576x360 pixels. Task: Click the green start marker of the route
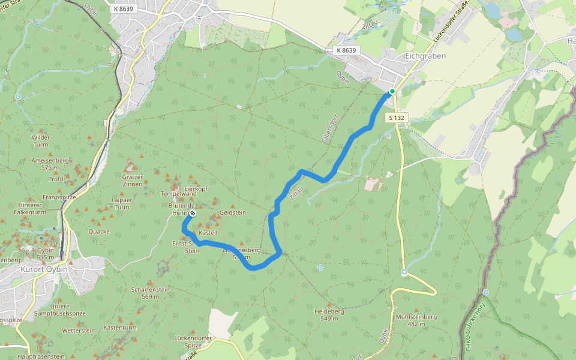click(392, 91)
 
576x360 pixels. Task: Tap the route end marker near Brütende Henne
click(193, 213)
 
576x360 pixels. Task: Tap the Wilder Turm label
click(40, 141)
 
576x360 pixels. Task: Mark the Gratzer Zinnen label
click(132, 180)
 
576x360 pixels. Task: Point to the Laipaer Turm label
click(121, 203)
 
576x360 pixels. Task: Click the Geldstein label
click(233, 212)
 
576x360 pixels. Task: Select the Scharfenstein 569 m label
click(149, 293)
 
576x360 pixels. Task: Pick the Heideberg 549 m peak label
click(329, 315)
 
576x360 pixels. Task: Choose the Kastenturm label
click(120, 328)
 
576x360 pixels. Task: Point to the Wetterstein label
click(79, 330)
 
